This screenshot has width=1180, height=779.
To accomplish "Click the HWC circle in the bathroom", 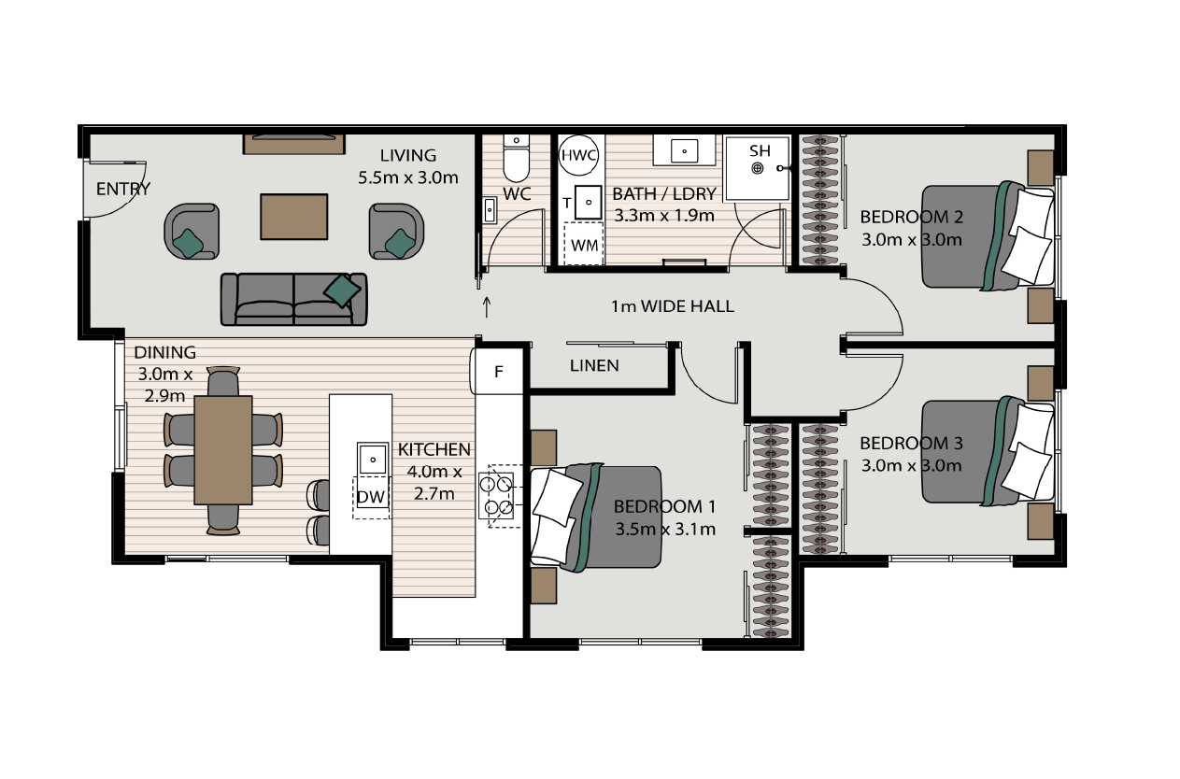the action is pos(578,155).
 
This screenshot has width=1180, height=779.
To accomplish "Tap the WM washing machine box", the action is pos(584,244).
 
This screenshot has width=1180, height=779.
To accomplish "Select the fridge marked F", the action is pos(497,372).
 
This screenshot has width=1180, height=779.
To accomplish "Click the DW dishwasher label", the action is pos(371,497).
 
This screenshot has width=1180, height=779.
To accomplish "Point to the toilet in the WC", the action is pos(517,158).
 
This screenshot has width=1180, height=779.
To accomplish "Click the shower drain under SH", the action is pos(757,168).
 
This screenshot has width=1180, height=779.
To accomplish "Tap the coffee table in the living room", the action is pos(294,217).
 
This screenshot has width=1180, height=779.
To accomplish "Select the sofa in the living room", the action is pos(293,299).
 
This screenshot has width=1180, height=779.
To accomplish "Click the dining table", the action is pos(223,450).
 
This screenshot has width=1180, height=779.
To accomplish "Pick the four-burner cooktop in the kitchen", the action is pos(496,496).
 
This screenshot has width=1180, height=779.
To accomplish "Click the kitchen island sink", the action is pos(372,460).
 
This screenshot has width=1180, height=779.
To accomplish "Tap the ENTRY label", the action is pos(123,189).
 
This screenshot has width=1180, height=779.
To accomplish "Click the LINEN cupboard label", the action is pos(594,365).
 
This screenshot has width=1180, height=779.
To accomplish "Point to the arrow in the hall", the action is pos(487,307).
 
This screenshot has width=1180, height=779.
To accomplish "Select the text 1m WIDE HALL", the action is pos(672,306).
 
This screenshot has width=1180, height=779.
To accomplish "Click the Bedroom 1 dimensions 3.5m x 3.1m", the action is pos(665,529).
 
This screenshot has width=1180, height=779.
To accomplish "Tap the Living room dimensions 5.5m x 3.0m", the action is pos(408,177).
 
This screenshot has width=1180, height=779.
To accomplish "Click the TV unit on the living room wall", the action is pos(294,144).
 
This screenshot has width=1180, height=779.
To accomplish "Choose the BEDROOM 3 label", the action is pos(911,444).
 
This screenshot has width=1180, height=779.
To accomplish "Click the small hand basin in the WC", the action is pos(490,211).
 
